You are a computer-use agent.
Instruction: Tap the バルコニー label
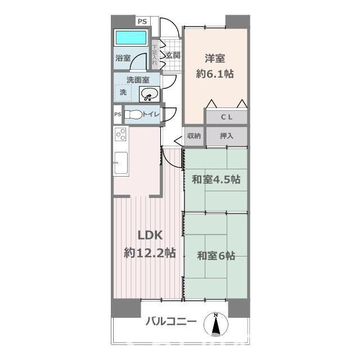[171, 322]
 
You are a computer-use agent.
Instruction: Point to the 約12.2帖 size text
[150, 253]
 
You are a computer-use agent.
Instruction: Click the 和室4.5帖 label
[216, 179]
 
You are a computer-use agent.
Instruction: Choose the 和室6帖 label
[216, 256]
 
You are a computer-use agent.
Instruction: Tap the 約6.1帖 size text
[214, 73]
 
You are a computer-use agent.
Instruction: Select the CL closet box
[226, 117]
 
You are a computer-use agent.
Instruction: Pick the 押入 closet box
[226, 136]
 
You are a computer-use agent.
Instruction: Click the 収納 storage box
[193, 136]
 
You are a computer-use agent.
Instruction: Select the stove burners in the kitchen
[121, 135]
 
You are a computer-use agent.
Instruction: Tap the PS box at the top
[142, 21]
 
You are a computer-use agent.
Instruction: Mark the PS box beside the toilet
[118, 115]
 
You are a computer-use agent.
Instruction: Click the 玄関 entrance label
[173, 55]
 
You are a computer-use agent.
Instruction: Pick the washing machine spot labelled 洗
[123, 92]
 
